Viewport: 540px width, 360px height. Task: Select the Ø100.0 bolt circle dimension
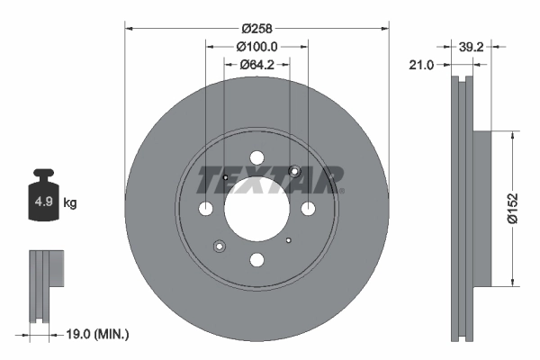coord(256,47)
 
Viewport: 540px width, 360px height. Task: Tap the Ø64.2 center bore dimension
coord(256,65)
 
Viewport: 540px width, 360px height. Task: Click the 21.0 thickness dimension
coord(421,65)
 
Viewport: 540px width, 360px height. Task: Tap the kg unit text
coord(70,203)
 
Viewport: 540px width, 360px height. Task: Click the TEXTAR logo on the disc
coord(270,180)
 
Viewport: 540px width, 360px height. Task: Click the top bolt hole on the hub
coord(256,157)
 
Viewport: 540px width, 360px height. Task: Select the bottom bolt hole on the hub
coord(256,260)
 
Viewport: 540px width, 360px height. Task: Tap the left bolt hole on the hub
coord(205,209)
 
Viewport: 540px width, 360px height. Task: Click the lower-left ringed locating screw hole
coord(219,246)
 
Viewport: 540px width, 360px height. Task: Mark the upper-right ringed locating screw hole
coord(293,172)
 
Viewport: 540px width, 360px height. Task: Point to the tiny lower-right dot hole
coord(288,240)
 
